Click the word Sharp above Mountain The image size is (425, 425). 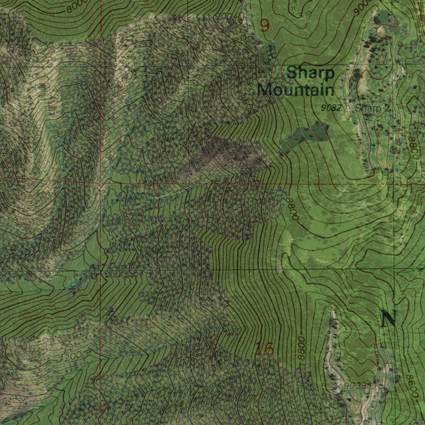pos(310,73)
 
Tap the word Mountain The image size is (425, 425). pos(296,90)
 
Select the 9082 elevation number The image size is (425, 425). pos(331,108)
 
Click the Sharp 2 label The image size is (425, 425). pos(373,108)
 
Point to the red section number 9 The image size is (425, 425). pos(265,26)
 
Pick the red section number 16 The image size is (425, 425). pos(264,349)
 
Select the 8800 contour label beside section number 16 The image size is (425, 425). pos(301,349)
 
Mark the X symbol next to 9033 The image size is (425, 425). pos(339,387)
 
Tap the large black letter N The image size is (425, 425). pos(388,319)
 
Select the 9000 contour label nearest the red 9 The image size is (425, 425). pos(226,17)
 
